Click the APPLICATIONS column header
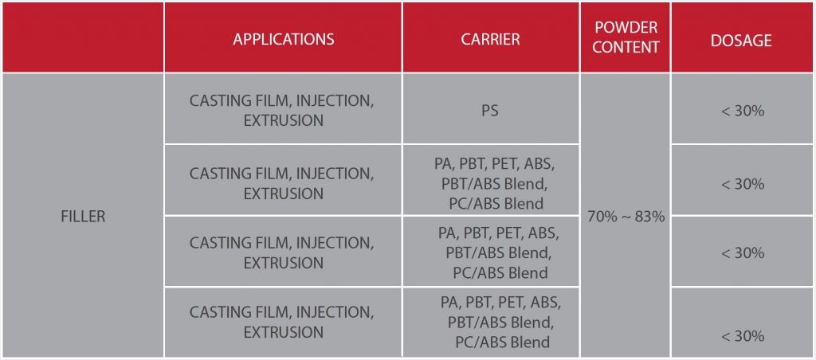(x=283, y=39)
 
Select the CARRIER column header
(x=490, y=39)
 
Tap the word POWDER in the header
(x=626, y=27)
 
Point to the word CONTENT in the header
(x=626, y=47)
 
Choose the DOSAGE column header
(x=742, y=41)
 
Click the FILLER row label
(x=83, y=217)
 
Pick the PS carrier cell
(x=490, y=111)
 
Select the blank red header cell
(x=83, y=37)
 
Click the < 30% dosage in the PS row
(x=743, y=111)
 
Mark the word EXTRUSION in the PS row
(x=283, y=121)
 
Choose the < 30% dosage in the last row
(x=743, y=335)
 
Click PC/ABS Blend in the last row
(x=503, y=342)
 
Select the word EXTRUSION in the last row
(x=283, y=332)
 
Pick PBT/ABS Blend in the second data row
(x=491, y=184)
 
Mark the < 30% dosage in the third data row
(x=743, y=252)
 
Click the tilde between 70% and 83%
(x=626, y=217)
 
